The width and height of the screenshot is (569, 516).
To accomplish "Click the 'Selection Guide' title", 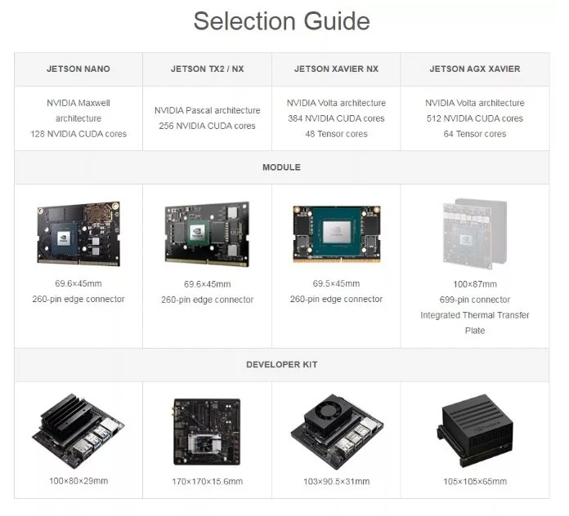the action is click(x=281, y=21).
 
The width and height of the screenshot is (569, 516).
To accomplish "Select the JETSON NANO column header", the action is click(x=78, y=69).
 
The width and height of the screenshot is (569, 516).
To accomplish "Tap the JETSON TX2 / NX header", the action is click(x=207, y=69).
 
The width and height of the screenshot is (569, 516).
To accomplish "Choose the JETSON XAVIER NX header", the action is click(x=336, y=69).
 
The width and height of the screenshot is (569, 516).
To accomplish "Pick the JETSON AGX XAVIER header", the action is click(x=475, y=69).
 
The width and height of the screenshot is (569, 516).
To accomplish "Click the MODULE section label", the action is click(x=281, y=167).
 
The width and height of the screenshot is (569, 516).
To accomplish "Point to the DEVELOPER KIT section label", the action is click(x=281, y=364).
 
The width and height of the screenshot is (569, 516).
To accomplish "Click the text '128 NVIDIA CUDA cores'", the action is click(x=78, y=134).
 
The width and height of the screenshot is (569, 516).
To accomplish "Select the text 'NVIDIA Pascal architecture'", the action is click(x=207, y=110).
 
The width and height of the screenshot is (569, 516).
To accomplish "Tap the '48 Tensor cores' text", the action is click(x=336, y=134).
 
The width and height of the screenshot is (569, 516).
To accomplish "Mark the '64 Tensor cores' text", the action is click(x=475, y=134).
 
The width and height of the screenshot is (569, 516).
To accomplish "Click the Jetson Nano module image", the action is click(x=78, y=234).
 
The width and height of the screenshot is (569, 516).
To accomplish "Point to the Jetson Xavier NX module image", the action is click(x=336, y=234).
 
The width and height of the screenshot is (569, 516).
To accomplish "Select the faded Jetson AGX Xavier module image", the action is click(x=475, y=234).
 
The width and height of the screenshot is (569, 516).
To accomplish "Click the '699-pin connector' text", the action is click(x=475, y=300).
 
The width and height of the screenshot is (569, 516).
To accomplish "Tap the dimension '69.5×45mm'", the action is click(x=336, y=284).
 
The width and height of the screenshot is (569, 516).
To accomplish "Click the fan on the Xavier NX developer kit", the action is click(x=329, y=411).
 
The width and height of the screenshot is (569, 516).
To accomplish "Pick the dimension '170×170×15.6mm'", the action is click(x=207, y=482).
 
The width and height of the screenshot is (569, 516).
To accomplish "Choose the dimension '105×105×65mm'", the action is click(x=475, y=482).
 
